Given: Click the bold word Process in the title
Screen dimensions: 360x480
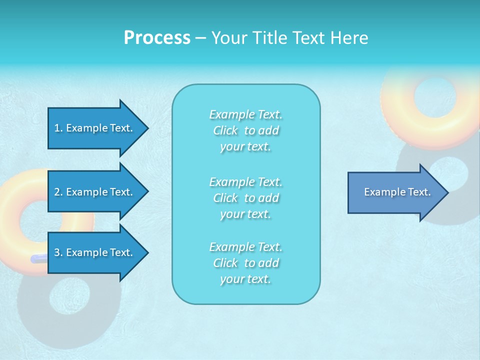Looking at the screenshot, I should pyautogui.click(x=157, y=38).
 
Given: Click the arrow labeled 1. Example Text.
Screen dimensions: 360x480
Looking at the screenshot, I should pyautogui.click(x=95, y=128).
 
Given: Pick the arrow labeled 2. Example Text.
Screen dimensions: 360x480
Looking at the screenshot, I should pyautogui.click(x=95, y=192).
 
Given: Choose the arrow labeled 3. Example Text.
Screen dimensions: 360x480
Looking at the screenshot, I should pyautogui.click(x=95, y=253).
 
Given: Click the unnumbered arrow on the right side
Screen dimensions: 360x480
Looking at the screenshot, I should pyautogui.click(x=395, y=192).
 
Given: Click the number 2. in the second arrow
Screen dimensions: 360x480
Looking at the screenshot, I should pyautogui.click(x=58, y=192).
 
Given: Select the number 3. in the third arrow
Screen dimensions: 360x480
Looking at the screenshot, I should pyautogui.click(x=58, y=253).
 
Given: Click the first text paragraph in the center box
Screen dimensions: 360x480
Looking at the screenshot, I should pyautogui.click(x=245, y=130).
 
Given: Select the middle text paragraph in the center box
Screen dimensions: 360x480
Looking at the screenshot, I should pyautogui.click(x=245, y=198).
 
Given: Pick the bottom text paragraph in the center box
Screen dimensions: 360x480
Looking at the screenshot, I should pyautogui.click(x=245, y=263).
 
